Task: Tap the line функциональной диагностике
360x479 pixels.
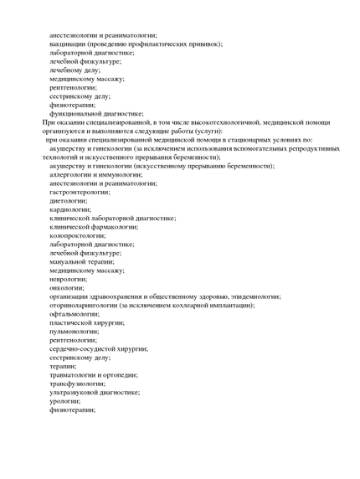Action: click(x=96, y=113)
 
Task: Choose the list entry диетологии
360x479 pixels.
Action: click(x=69, y=200)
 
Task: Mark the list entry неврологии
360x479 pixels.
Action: click(x=68, y=279)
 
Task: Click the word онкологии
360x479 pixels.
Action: click(x=67, y=287)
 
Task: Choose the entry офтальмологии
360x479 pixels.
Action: click(x=74, y=314)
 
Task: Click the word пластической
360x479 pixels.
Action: click(x=74, y=322)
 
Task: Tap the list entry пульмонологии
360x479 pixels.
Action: click(x=75, y=332)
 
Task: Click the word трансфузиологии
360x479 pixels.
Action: click(x=76, y=384)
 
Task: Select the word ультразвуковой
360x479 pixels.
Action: click(x=75, y=392)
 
